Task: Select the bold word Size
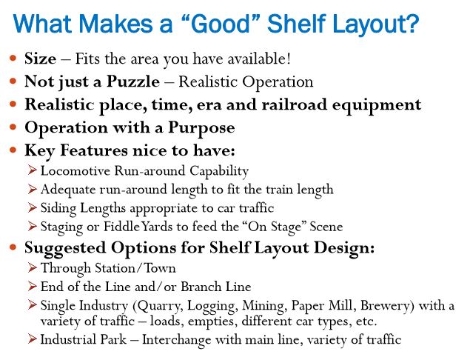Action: click(40, 59)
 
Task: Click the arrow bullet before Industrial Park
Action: click(32, 339)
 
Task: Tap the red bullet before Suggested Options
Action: click(13, 247)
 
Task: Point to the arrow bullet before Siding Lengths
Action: click(32, 207)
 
